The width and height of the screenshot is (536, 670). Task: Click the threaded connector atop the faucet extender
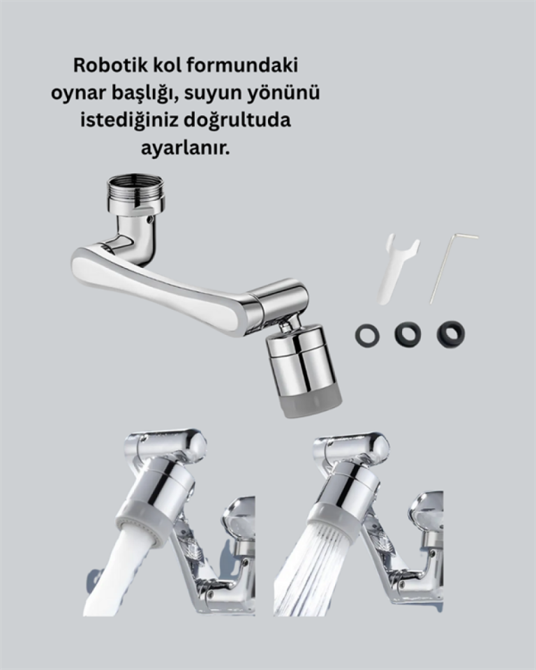coord(135,191)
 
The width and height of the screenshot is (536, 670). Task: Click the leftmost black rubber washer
coord(367,335)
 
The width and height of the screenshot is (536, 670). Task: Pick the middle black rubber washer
coord(408,334)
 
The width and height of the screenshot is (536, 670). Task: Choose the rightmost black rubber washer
coord(451,334)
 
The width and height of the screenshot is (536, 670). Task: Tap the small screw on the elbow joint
coord(151,221)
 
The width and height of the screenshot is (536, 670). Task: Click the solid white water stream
coord(119,572)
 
